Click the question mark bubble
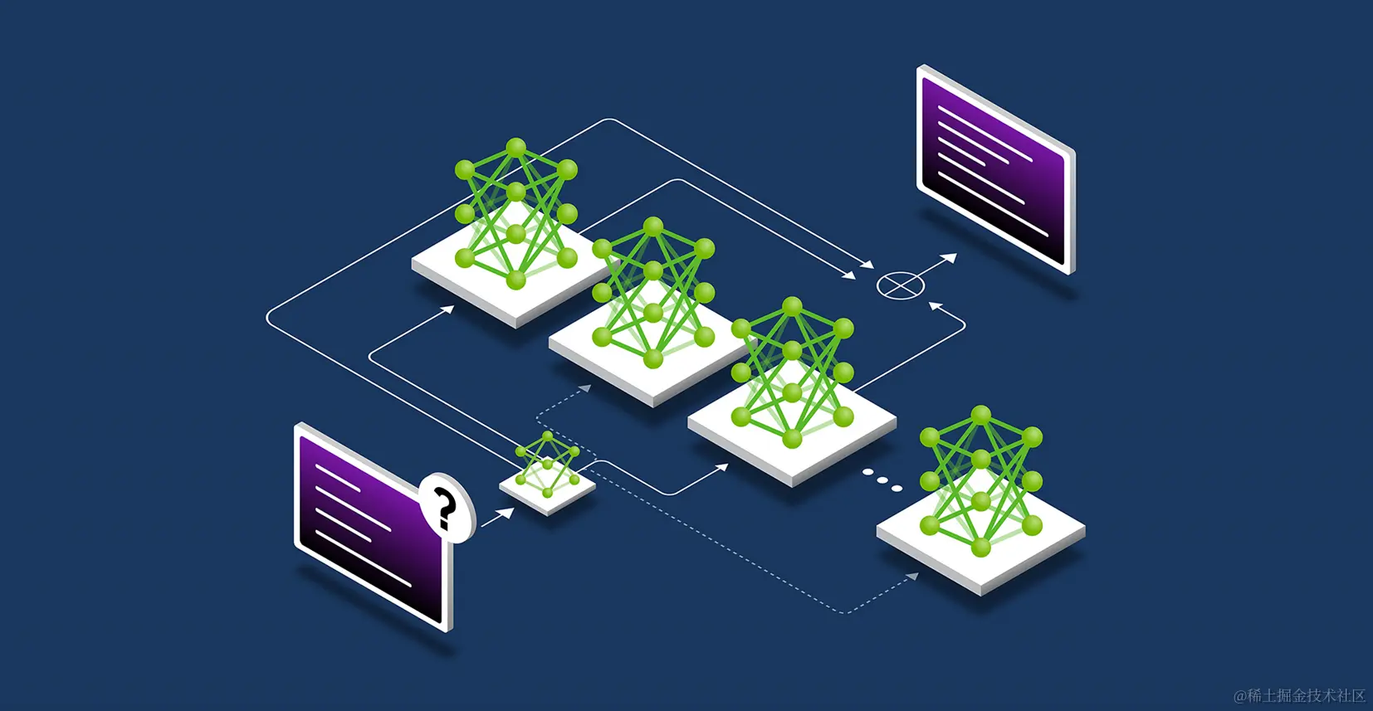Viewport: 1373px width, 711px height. click(x=447, y=508)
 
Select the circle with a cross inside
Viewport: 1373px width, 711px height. click(x=901, y=285)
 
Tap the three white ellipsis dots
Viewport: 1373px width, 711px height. click(x=882, y=480)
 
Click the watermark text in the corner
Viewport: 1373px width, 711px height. click(x=1298, y=695)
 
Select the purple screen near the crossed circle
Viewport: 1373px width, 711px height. click(x=994, y=170)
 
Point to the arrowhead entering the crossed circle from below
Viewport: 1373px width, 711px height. click(x=935, y=306)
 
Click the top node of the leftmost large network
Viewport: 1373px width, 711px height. click(x=516, y=148)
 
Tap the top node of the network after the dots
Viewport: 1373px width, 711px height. click(x=981, y=414)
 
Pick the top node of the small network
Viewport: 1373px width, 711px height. click(x=547, y=436)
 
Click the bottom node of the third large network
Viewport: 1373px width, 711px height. click(x=792, y=439)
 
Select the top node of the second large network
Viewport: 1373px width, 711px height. click(x=653, y=226)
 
